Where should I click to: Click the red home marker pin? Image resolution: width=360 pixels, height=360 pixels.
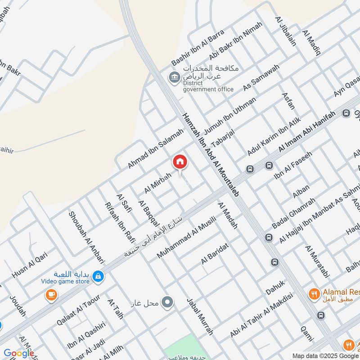click(x=180, y=161)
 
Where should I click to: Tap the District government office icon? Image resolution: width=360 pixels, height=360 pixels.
click(x=174, y=77)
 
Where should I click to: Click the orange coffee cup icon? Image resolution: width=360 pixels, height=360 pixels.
click(x=51, y=295)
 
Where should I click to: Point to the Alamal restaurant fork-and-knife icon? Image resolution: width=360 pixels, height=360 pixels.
click(x=314, y=295)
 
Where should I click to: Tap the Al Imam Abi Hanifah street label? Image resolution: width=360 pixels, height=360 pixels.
click(x=307, y=131)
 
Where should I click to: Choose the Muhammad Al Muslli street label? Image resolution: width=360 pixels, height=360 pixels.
click(x=186, y=237)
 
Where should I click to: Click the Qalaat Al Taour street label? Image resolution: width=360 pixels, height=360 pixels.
click(x=78, y=309)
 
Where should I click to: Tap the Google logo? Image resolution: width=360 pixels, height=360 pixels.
click(x=18, y=353)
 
